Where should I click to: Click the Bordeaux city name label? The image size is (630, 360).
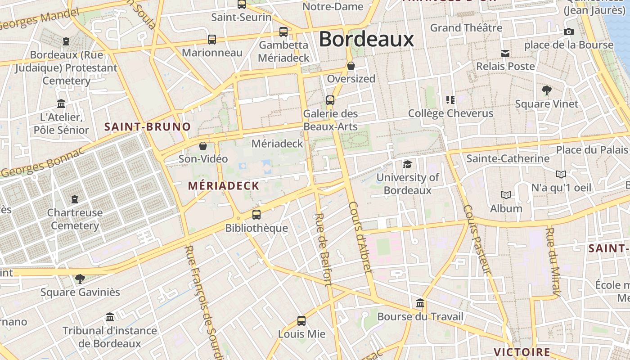coord(366,40)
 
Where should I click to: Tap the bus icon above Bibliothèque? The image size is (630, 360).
coord(256,215)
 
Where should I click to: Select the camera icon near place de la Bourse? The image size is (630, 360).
coord(568,31)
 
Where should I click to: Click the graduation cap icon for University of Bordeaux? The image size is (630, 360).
coord(407,164)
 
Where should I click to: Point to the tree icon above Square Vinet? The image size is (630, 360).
coord(547,90)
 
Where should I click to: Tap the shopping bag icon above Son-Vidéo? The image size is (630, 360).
coord(203,146)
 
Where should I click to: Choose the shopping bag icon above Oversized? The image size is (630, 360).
coord(351,66)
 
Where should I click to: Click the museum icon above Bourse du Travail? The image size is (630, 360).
coord(420,303)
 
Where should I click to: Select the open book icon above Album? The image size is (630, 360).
coord(506,195)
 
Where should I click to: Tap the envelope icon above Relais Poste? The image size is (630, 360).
coord(505,54)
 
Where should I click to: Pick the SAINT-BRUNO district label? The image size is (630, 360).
coord(148,127)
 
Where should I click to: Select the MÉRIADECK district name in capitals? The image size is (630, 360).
coord(224,186)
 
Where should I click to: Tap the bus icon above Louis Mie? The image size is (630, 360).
coord(301,321)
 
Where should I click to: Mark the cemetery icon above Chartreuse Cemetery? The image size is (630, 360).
coord(75,199)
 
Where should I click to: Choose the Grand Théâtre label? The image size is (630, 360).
coord(466,28)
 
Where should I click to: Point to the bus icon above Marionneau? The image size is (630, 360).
coord(212,39)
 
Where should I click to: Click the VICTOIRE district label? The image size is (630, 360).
coord(522,352)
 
